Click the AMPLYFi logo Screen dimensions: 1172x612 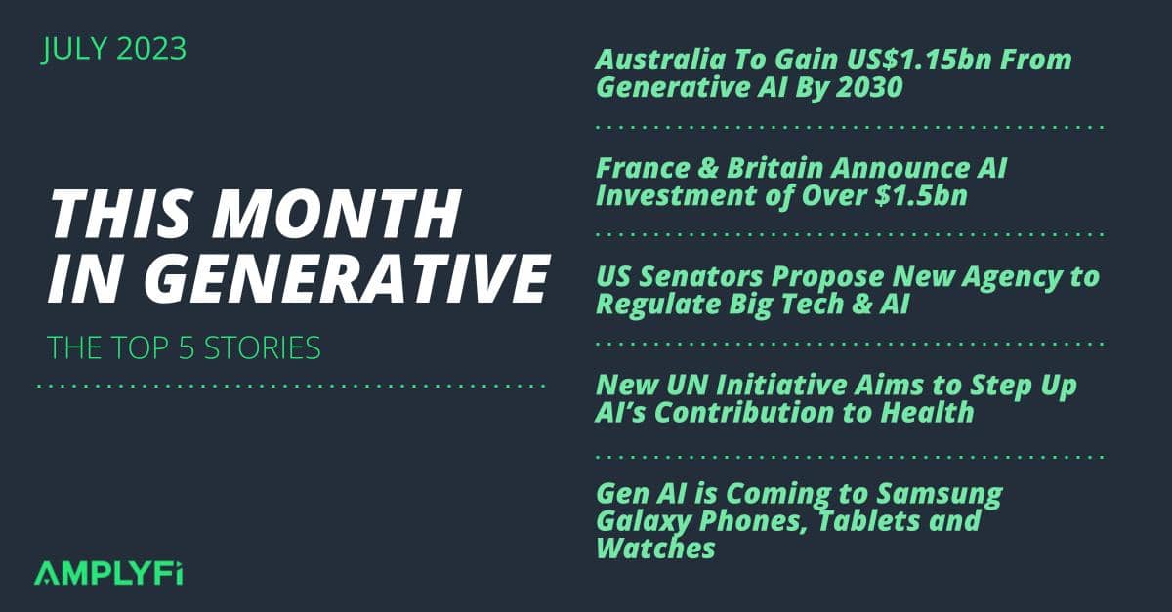108,573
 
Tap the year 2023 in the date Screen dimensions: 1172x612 151,49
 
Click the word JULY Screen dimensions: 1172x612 74,49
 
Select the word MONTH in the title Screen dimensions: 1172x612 336,214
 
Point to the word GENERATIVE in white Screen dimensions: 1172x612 347,278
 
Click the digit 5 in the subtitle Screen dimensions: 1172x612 187,347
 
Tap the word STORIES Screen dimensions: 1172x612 262,347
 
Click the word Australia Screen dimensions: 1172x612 660,60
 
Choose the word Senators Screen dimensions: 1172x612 700,276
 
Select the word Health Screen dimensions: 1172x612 927,412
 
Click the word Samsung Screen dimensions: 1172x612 940,494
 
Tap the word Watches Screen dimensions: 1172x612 655,549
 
